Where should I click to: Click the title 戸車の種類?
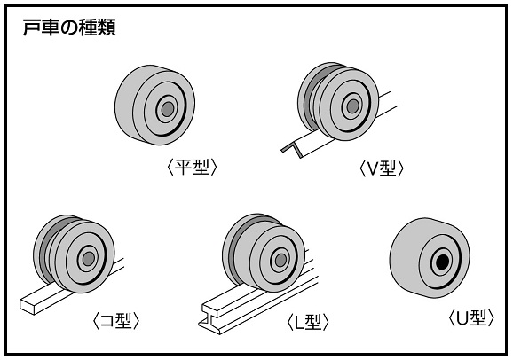(69, 27)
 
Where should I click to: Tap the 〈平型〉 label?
(192, 167)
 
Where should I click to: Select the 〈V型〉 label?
(382, 168)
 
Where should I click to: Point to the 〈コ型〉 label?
(116, 320)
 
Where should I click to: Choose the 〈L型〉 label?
(308, 322)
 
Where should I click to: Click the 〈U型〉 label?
(471, 317)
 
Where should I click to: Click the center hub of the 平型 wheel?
(168, 109)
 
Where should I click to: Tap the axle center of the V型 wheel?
(352, 106)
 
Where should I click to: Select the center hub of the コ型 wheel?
(89, 259)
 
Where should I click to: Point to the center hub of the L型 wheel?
(280, 261)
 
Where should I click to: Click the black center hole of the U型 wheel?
(443, 261)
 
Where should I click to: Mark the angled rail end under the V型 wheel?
(292, 150)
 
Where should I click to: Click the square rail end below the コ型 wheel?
(28, 306)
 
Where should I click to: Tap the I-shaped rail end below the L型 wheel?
(210, 319)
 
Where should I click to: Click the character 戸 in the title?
(31, 28)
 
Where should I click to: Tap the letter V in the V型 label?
(373, 168)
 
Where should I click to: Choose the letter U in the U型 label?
(462, 317)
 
